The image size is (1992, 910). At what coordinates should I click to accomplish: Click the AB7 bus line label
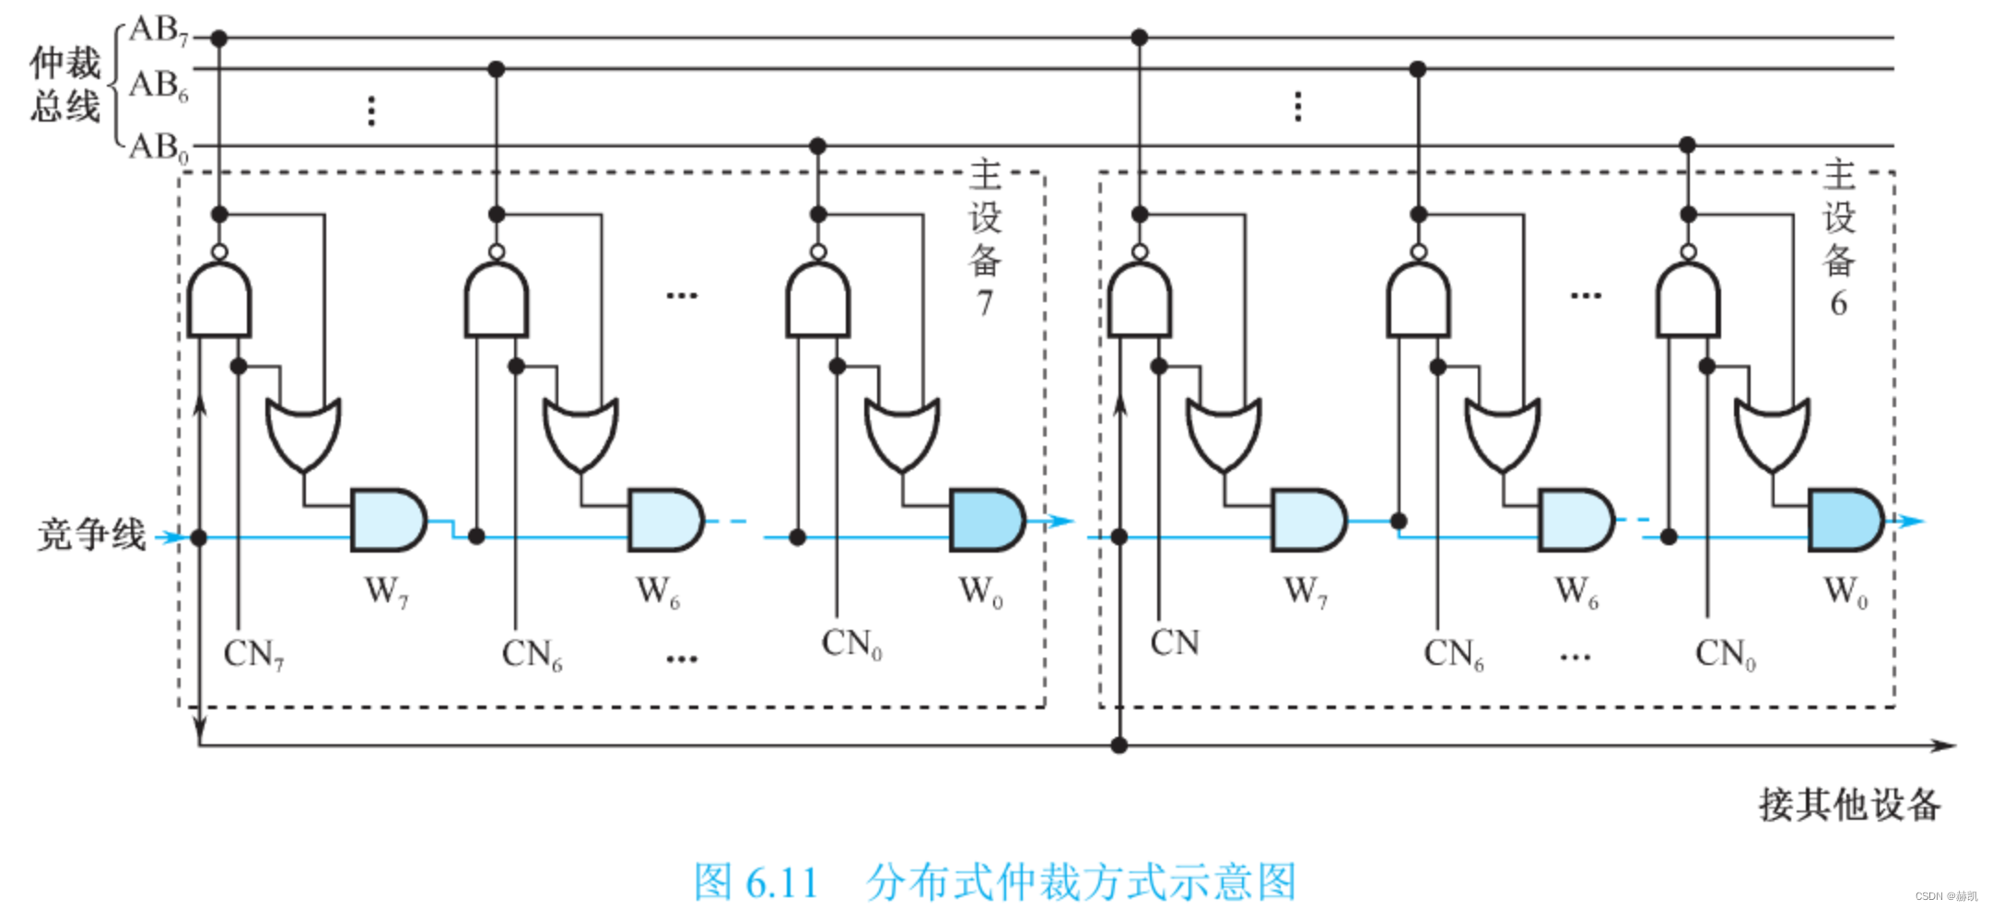coord(158,30)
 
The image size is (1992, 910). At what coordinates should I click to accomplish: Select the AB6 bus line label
coord(158,86)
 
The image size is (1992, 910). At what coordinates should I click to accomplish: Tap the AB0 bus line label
coord(158,147)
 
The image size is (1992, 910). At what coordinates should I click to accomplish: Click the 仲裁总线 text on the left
coord(64,85)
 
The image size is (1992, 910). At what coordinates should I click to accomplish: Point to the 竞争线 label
coord(91,534)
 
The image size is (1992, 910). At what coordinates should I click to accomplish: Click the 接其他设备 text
coord(1849,805)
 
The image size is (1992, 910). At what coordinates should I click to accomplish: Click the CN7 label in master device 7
coord(253,655)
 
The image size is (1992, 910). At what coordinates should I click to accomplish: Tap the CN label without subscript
coord(1175,643)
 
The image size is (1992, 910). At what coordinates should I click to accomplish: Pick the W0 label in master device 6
coord(1846,591)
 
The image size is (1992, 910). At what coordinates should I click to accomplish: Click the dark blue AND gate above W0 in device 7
coord(986,520)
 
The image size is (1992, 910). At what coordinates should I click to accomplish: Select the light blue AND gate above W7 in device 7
coord(387,520)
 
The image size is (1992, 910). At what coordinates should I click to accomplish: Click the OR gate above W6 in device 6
coord(1502,433)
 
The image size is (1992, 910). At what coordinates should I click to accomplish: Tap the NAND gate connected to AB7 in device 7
coord(219,299)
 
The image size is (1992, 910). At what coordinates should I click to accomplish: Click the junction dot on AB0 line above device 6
coord(1687,145)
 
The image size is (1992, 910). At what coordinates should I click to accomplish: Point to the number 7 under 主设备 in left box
coord(985,303)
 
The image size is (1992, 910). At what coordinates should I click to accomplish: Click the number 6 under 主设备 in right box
coord(1838,303)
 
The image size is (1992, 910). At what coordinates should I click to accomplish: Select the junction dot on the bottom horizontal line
coord(1119,745)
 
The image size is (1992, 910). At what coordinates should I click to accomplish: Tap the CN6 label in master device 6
coord(1453,655)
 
